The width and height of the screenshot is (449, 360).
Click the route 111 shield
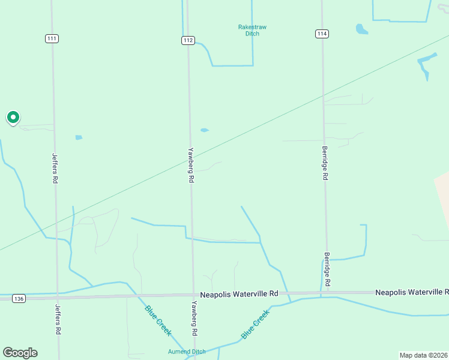pos(52,38)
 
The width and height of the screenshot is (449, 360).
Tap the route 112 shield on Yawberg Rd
pos(188,40)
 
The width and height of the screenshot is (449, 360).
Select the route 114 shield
pos(322,34)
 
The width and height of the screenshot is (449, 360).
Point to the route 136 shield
pos(19,298)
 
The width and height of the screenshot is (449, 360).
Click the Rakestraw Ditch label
pos(252,30)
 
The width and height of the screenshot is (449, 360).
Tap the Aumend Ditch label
pos(187,352)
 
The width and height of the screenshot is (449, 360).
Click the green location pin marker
pos(13,117)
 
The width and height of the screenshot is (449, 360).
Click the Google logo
pos(20,353)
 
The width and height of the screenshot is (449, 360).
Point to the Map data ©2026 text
pos(423,355)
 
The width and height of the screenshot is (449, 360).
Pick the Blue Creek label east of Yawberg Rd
pos(255,325)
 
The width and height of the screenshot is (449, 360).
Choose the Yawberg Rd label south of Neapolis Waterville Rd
pos(194,318)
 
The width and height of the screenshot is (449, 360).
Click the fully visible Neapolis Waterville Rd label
pos(239,294)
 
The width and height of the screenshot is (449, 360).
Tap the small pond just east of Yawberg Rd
pos(204,130)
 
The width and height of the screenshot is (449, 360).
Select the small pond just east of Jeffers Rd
pos(79,137)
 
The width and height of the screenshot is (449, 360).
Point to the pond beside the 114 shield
pos(361,28)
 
